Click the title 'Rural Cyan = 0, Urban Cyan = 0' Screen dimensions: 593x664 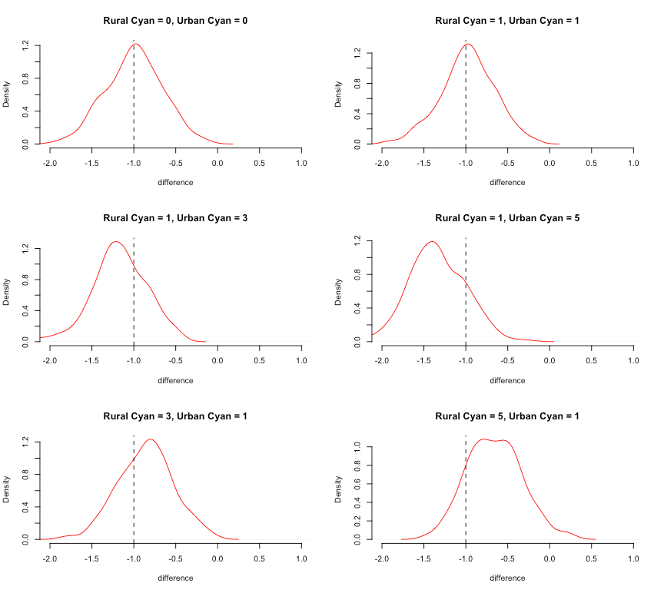coord(175,20)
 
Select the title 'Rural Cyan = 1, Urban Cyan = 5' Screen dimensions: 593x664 coord(507,218)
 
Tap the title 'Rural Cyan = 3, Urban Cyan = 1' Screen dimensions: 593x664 coord(175,416)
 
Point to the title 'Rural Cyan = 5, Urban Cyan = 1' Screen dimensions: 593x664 coord(507,416)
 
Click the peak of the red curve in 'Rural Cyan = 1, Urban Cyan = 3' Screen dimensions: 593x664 coord(115,242)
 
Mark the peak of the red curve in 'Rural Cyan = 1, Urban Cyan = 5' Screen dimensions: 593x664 coord(431,241)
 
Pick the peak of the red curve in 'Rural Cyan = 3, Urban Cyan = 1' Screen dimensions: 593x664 coord(151,439)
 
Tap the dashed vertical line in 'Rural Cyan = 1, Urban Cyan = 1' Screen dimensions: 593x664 coord(466,92)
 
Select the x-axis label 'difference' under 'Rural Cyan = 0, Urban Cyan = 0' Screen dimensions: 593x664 coord(175,182)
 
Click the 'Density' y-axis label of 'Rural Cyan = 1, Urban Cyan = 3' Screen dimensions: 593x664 coord(7,292)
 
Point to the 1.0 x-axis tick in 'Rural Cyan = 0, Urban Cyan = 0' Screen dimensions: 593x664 coord(301,164)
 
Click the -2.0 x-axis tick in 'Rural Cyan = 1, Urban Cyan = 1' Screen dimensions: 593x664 coord(382,164)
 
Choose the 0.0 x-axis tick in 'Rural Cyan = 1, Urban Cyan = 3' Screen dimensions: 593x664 coord(217,361)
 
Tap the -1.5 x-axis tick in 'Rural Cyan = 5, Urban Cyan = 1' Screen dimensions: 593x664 coord(423,559)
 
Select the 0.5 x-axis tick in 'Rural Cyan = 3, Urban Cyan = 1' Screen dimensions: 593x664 coord(260,559)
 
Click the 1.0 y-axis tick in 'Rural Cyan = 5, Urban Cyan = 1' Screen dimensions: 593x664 coord(359,446)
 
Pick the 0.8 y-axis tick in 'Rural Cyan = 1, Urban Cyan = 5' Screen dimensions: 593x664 coord(359,274)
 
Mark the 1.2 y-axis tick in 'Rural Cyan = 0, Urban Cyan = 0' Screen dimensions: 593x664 coord(27,46)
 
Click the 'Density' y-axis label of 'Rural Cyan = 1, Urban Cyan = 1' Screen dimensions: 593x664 coord(339,94)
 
